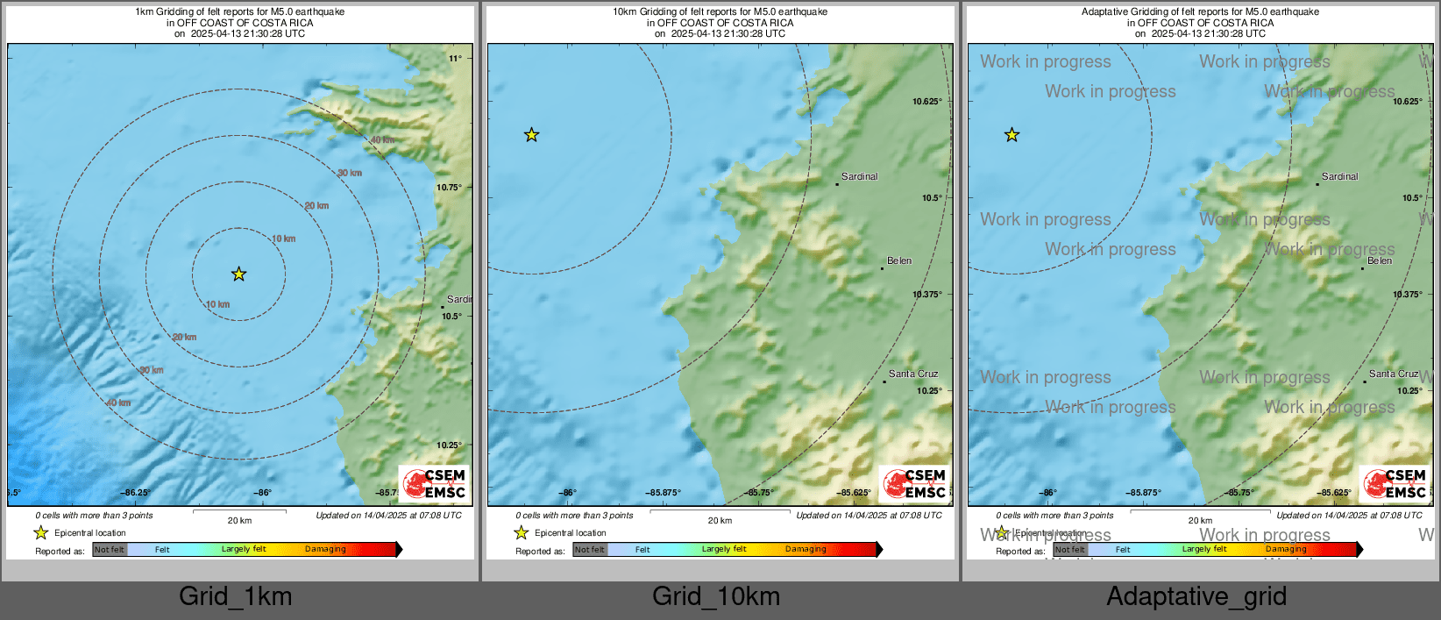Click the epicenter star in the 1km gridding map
pyautogui.click(x=238, y=274)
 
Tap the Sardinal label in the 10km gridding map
pyautogui.click(x=859, y=177)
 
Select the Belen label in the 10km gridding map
pyautogui.click(x=899, y=261)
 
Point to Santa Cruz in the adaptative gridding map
pyautogui.click(x=1393, y=374)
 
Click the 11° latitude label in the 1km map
pyautogui.click(x=456, y=59)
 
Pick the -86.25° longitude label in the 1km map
pyautogui.click(x=136, y=493)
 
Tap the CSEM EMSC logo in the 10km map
pyautogui.click(x=914, y=483)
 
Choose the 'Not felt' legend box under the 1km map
pyautogui.click(x=110, y=550)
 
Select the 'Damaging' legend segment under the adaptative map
pyautogui.click(x=1286, y=550)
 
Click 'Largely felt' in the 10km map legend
pyautogui.click(x=724, y=550)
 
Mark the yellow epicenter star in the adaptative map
pyautogui.click(x=1012, y=135)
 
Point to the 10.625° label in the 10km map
pyautogui.click(x=926, y=102)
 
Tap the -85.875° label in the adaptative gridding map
pyautogui.click(x=1143, y=493)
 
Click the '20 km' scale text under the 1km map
pyautogui.click(x=239, y=521)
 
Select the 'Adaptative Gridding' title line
pyautogui.click(x=1200, y=12)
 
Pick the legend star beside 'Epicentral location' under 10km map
pyautogui.click(x=521, y=533)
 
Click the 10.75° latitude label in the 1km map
pyautogui.click(x=450, y=188)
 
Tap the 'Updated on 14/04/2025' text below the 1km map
pyautogui.click(x=388, y=516)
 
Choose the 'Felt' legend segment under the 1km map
pyautogui.click(x=162, y=550)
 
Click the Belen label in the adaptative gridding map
pyautogui.click(x=1380, y=261)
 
